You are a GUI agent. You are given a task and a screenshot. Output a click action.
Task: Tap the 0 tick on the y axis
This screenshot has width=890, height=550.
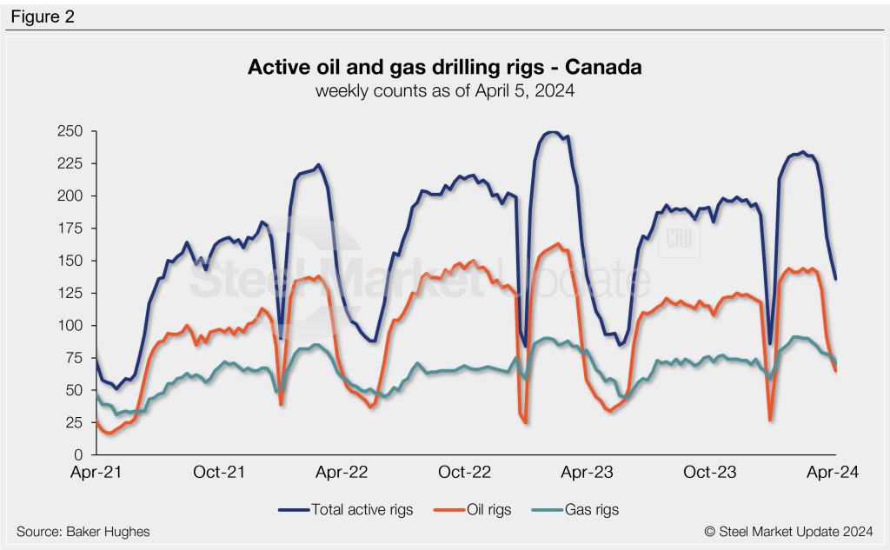78,454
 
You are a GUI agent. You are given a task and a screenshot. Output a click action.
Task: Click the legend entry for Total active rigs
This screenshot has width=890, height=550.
346,509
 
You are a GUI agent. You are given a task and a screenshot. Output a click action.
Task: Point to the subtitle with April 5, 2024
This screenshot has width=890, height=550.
445,90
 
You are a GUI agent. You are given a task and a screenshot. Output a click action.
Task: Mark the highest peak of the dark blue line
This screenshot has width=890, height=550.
551,132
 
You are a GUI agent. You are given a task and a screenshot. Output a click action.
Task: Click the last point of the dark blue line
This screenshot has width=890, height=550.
835,279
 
